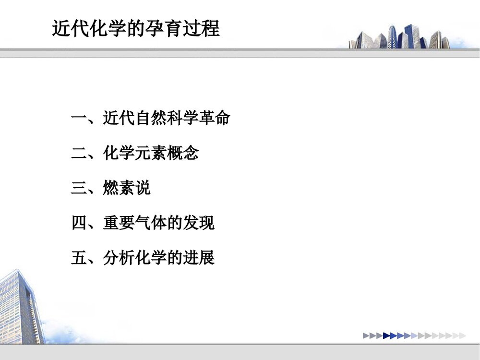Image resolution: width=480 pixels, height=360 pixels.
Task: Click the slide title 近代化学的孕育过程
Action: (136, 28)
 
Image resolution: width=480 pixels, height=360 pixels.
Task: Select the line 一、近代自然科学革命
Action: (150, 118)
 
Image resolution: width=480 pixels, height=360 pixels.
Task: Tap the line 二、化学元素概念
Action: (135, 153)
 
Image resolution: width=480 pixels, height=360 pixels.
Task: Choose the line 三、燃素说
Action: (111, 188)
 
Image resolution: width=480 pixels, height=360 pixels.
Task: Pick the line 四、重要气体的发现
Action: (143, 223)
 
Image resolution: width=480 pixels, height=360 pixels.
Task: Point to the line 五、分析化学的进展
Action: (143, 258)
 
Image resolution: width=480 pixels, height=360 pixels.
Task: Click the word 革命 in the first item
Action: (214, 118)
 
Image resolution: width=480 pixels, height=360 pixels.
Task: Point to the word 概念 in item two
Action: (183, 153)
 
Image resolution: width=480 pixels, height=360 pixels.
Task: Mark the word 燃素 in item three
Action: (119, 188)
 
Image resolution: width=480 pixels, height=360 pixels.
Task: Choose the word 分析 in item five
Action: (119, 258)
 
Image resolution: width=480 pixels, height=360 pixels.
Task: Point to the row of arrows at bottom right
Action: (414, 336)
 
